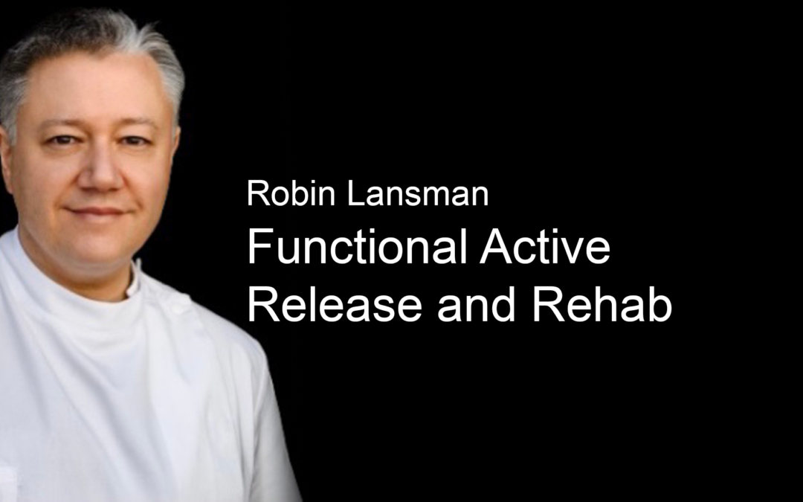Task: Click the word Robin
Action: (x=291, y=193)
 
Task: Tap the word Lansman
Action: (x=418, y=193)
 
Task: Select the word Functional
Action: (x=357, y=246)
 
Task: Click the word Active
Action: (x=545, y=246)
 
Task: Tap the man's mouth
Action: (x=97, y=211)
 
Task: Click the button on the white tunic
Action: (x=179, y=306)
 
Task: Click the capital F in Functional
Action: (x=259, y=246)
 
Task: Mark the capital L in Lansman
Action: (x=356, y=193)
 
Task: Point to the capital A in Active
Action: (x=496, y=246)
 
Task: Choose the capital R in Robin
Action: (x=258, y=193)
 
